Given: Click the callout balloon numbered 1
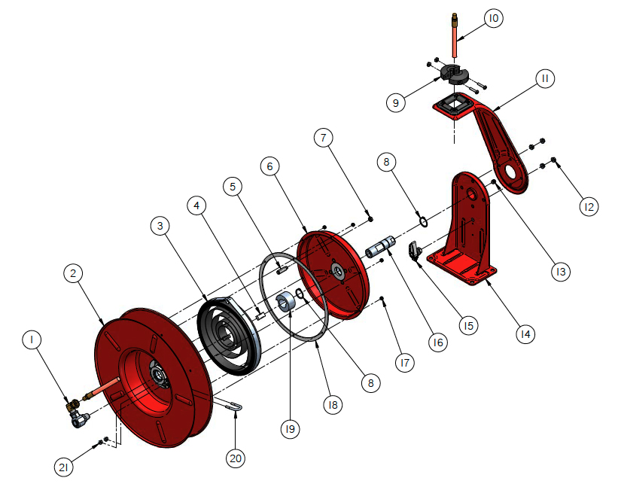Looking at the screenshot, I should click(x=32, y=340).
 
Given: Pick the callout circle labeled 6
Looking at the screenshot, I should click(x=272, y=166).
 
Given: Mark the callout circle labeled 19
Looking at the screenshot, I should click(x=291, y=429).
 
